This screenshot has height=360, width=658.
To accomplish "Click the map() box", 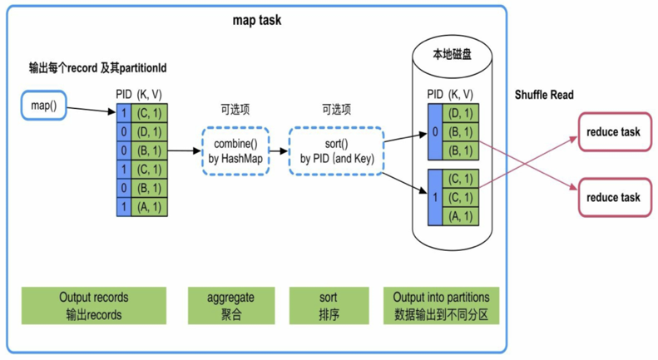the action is pyautogui.click(x=43, y=106).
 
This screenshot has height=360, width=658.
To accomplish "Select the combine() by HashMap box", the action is pyautogui.click(x=235, y=151).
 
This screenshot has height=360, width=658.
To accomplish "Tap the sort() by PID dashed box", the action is pyautogui.click(x=337, y=151).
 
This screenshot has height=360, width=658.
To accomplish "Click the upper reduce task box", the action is pyautogui.click(x=615, y=131).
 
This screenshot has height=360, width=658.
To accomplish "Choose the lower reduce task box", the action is pyautogui.click(x=615, y=197).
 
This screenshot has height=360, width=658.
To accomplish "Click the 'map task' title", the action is pyautogui.click(x=257, y=20).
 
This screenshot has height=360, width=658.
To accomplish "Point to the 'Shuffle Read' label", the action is pyautogui.click(x=544, y=95).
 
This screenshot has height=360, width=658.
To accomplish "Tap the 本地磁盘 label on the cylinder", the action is pyautogui.click(x=452, y=54).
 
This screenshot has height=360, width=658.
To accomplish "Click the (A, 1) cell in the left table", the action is pyautogui.click(x=150, y=207).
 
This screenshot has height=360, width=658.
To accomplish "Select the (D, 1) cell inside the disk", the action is pyautogui.click(x=460, y=113).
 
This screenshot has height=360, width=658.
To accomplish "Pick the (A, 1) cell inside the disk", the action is pyautogui.click(x=460, y=216).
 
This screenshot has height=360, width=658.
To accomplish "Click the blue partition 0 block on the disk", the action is pyautogui.click(x=435, y=131).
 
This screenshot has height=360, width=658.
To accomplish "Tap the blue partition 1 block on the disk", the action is pyautogui.click(x=435, y=198).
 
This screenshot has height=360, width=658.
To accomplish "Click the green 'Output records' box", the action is pyautogui.click(x=94, y=305).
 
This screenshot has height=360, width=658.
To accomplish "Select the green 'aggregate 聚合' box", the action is pyautogui.click(x=231, y=305).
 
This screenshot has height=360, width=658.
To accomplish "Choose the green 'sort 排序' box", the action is pyautogui.click(x=329, y=305).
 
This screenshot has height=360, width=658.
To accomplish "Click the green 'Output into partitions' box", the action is pyautogui.click(x=442, y=305).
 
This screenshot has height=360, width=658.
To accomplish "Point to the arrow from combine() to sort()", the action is pyautogui.click(x=279, y=150).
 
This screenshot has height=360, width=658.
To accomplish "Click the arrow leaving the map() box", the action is pyautogui.click(x=91, y=110).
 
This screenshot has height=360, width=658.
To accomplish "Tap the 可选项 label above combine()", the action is pyautogui.click(x=235, y=110).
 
